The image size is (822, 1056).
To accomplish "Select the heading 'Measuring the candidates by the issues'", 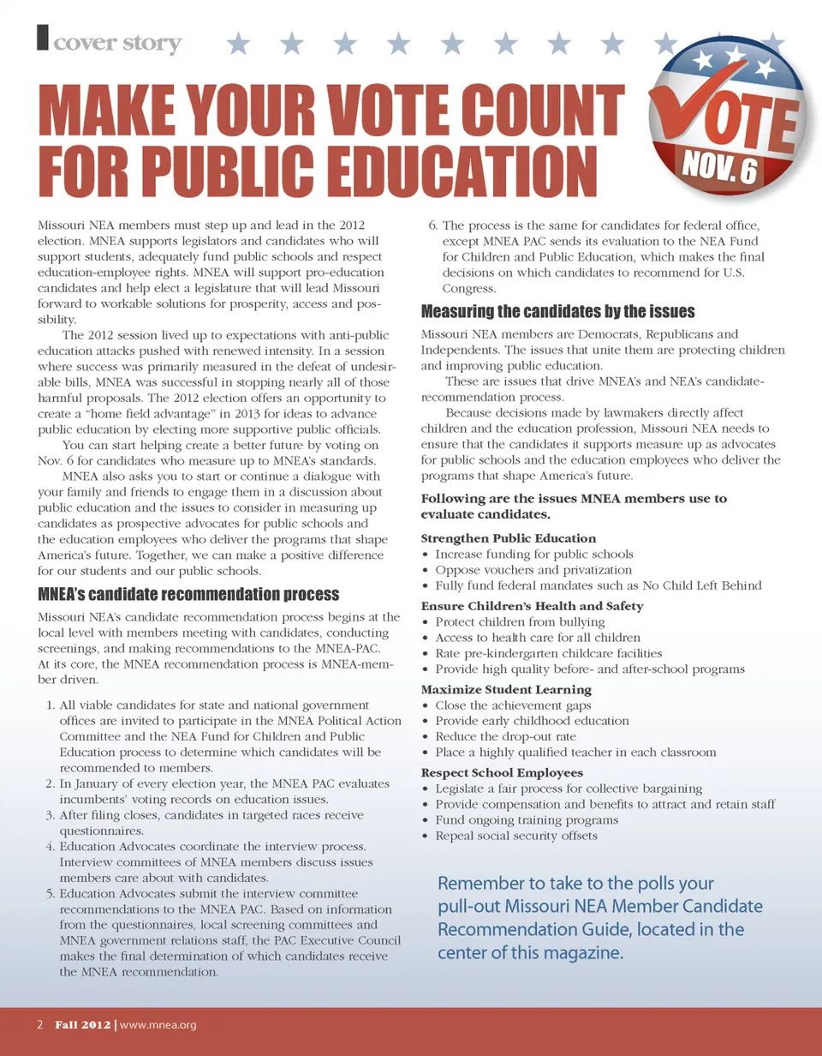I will click(558, 311).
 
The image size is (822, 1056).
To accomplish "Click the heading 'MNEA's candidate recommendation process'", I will click(189, 594).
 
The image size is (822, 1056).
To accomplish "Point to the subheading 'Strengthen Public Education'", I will click(509, 538).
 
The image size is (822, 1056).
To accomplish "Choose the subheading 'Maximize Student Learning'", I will click(506, 689).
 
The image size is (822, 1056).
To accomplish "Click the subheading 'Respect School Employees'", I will click(503, 772).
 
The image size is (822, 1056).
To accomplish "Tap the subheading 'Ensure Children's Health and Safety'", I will click(533, 606).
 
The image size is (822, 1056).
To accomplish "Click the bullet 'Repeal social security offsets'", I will click(516, 836).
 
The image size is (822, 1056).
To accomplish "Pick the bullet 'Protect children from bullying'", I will click(520, 622).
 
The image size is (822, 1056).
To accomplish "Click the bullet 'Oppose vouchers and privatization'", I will click(533, 570).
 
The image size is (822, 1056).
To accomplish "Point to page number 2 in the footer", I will click(40, 1024).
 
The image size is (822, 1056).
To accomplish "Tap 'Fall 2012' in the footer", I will click(83, 1024).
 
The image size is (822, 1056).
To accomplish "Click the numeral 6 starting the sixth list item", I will click(432, 226).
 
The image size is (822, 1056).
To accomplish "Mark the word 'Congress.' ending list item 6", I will click(469, 289).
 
